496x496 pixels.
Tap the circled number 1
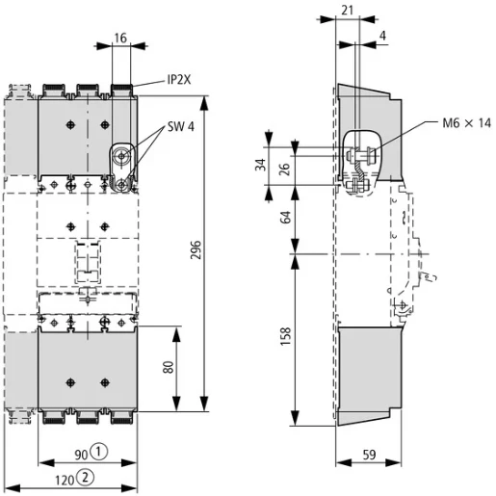coord(99,452)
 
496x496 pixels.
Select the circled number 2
coord(87,477)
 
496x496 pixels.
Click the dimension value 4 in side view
coord(385,38)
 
